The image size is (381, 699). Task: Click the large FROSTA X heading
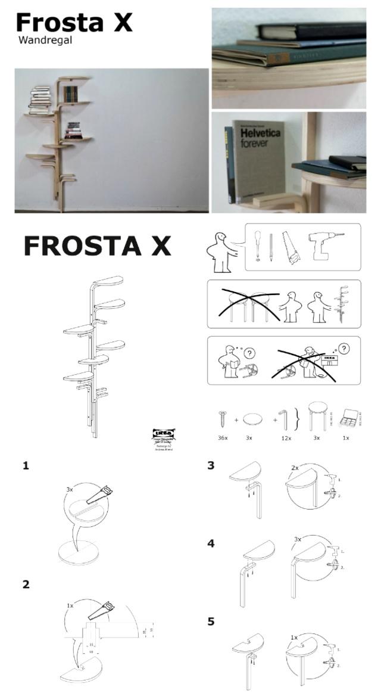97,246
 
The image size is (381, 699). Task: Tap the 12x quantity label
286,438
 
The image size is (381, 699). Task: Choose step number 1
26,465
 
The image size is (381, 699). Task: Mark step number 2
26,585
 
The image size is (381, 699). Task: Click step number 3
211,465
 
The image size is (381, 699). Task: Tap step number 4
211,543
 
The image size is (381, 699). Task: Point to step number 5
211,622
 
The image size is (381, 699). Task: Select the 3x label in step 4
298,539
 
